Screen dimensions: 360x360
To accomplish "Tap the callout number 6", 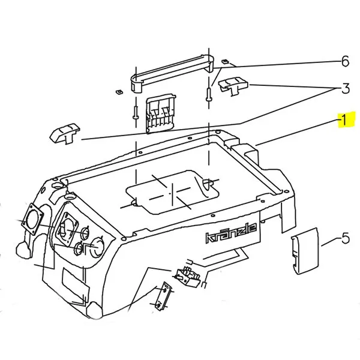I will [x=345, y=62].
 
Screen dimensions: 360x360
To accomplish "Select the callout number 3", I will [x=345, y=89].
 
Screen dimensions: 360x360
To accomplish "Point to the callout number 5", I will [x=345, y=239].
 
